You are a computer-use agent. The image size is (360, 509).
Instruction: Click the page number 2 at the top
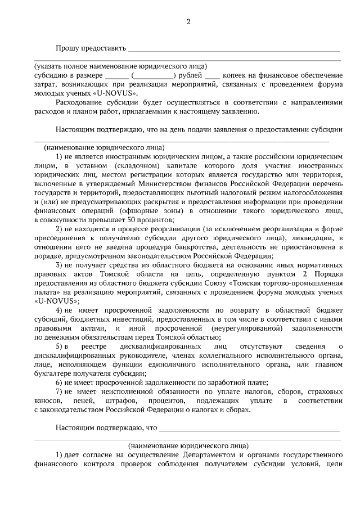(188, 22)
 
